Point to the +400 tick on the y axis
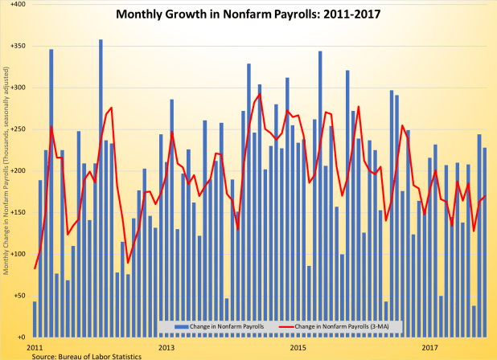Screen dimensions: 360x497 point(17,5)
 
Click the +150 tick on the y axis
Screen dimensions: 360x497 point(17,212)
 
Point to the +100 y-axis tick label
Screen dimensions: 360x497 point(17,254)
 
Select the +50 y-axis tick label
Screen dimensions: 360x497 point(18,296)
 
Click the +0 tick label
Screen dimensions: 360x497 point(20,337)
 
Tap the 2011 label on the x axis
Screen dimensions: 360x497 point(35,347)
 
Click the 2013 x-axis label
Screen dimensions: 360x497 point(166,347)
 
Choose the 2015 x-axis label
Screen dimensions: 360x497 point(298,347)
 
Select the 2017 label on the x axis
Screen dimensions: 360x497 point(430,347)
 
